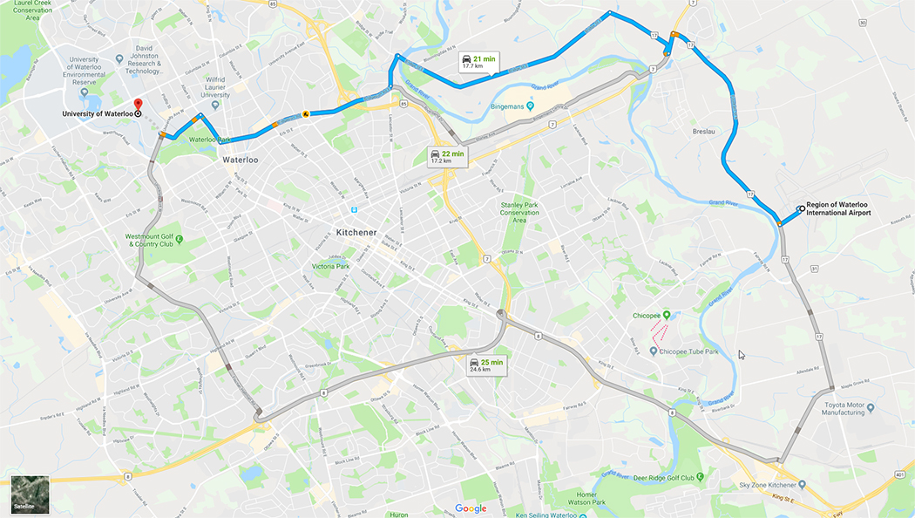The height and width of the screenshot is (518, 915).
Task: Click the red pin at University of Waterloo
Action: pyautogui.click(x=138, y=105)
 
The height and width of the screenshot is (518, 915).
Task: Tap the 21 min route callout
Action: pyautogui.click(x=479, y=61)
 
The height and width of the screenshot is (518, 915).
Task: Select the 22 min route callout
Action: pyautogui.click(x=447, y=157)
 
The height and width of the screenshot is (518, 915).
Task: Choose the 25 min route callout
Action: pyautogui.click(x=486, y=365)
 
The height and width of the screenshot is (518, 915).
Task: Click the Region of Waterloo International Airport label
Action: pyautogui.click(x=838, y=208)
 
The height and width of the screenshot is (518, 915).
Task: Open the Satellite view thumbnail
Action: pyautogui.click(x=30, y=494)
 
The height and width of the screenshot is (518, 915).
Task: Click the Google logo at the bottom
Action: pyautogui.click(x=471, y=508)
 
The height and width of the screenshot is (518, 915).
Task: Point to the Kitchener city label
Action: pyautogui.click(x=356, y=233)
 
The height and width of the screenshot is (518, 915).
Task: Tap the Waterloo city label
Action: pyautogui.click(x=241, y=160)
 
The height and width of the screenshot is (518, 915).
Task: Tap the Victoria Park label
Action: pyautogui.click(x=330, y=266)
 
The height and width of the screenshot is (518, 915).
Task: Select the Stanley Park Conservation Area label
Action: pyautogui.click(x=520, y=212)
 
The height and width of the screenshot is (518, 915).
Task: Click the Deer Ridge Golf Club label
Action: pyautogui.click(x=669, y=477)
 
